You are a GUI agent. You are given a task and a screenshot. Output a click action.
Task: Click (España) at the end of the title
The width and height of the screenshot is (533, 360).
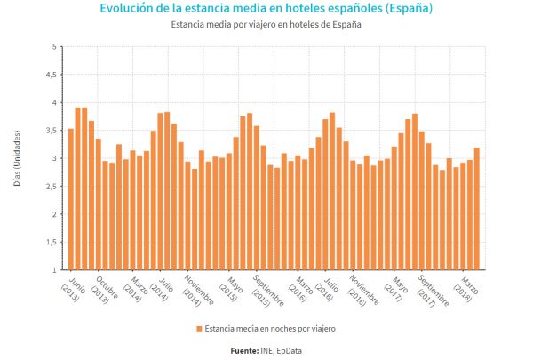(404, 9)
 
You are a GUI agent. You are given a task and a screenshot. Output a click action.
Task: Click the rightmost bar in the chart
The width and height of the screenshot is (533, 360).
(477, 209)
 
